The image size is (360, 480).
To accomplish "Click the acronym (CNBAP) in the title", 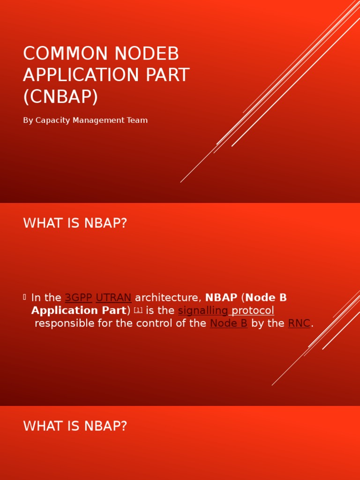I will (x=60, y=97).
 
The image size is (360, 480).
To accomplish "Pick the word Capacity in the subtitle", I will (x=52, y=120).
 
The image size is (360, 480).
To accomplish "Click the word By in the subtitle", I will (x=28, y=120).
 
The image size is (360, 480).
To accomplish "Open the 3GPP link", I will (x=78, y=298).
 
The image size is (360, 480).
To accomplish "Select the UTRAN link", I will (x=113, y=298).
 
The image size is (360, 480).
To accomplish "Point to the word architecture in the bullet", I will (x=168, y=298).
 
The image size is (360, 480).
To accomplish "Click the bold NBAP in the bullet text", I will (x=221, y=298).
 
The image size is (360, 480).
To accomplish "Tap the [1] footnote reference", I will (x=138, y=310).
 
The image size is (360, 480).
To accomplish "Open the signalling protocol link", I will (x=226, y=310).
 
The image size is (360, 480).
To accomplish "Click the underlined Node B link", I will (x=229, y=323).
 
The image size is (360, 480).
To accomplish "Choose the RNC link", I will (x=299, y=323).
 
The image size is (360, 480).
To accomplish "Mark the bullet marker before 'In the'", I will (x=24, y=297).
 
